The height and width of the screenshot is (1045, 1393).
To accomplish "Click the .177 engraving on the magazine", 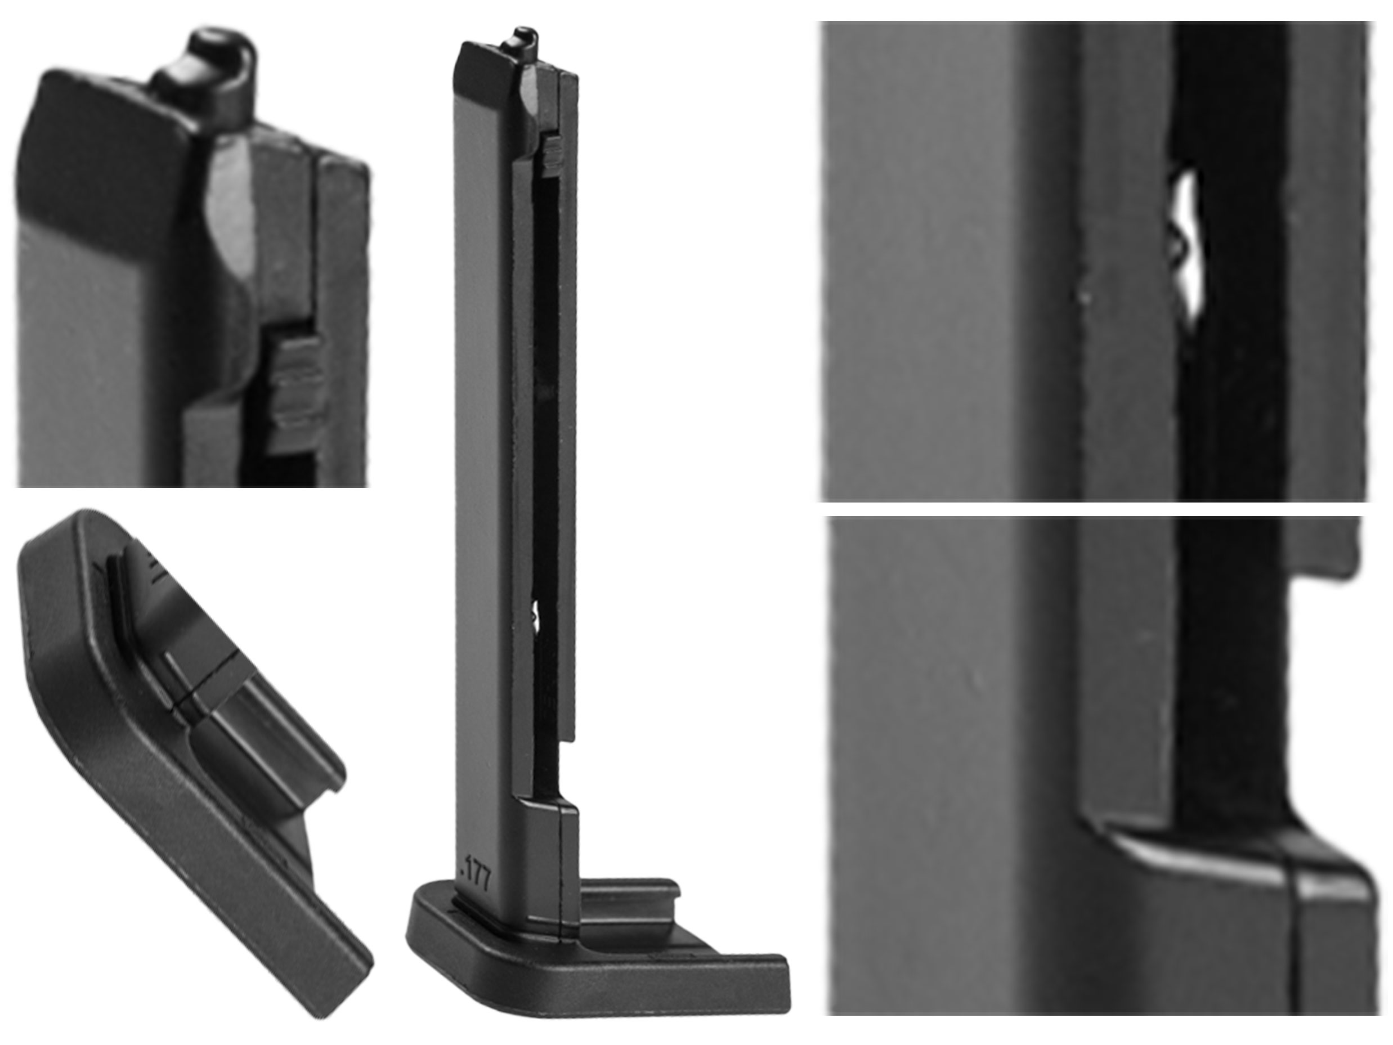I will coord(476,871).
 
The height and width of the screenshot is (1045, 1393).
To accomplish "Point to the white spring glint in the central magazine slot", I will coord(535,613).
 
